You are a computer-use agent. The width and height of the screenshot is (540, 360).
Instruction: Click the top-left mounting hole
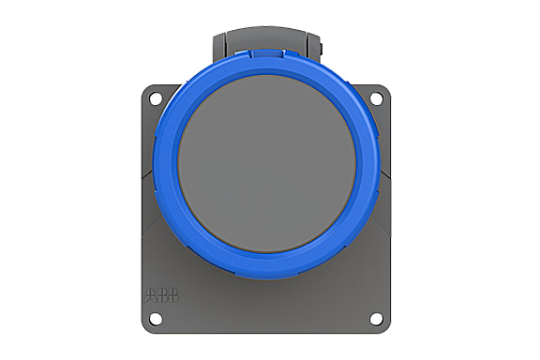(x=156, y=98)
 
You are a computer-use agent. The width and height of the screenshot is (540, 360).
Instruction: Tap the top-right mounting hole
(x=376, y=98)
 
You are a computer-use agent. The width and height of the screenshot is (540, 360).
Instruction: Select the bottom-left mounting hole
(x=156, y=319)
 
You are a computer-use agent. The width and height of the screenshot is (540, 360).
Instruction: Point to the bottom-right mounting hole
(x=376, y=319)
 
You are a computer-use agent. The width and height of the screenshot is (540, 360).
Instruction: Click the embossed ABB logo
(x=162, y=295)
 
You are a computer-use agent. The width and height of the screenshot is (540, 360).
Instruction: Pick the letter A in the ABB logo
(x=152, y=295)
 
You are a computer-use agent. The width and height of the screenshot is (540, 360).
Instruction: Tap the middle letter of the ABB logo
(x=163, y=295)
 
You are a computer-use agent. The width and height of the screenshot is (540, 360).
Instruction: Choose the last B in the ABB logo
(x=174, y=295)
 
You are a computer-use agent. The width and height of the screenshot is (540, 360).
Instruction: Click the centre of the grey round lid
(x=267, y=164)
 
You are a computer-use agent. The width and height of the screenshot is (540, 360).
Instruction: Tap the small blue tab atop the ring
(x=267, y=53)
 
